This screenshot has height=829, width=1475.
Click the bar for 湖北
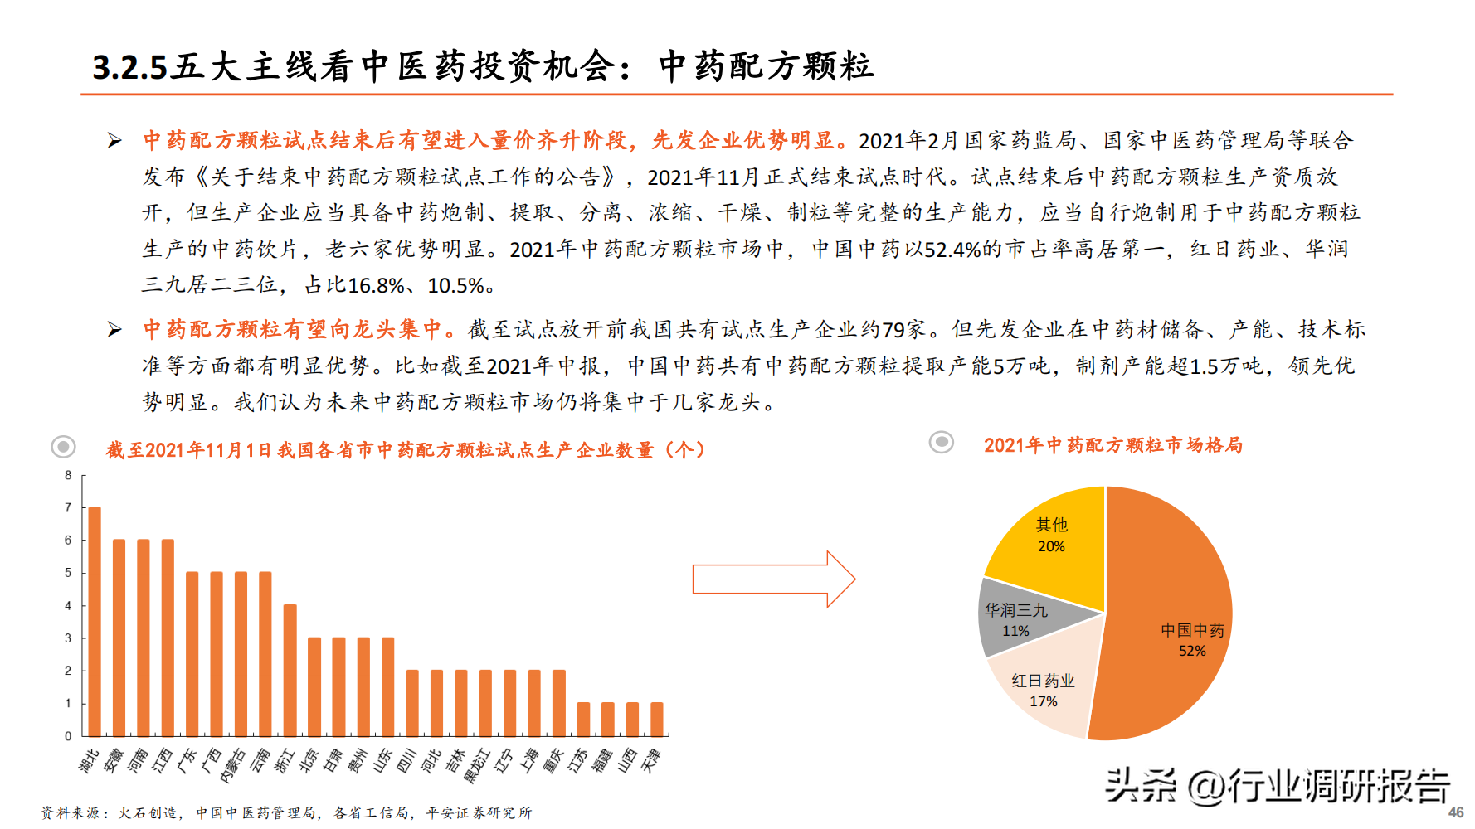95,621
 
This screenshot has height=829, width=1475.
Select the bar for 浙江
290,670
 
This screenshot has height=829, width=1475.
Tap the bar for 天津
657,719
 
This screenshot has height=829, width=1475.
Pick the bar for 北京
314,686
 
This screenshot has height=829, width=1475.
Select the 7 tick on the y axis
69,507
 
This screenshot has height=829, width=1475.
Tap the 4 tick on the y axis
69,605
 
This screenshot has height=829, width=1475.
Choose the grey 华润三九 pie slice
1016,619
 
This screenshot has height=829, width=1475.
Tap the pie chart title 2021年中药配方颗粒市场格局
1113,445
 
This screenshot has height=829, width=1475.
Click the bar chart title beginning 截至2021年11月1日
406,450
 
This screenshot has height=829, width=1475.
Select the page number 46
1456,812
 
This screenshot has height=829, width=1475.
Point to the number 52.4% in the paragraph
952,250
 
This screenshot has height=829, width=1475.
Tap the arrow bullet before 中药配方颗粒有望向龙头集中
114,330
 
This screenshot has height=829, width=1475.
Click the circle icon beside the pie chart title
941,442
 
